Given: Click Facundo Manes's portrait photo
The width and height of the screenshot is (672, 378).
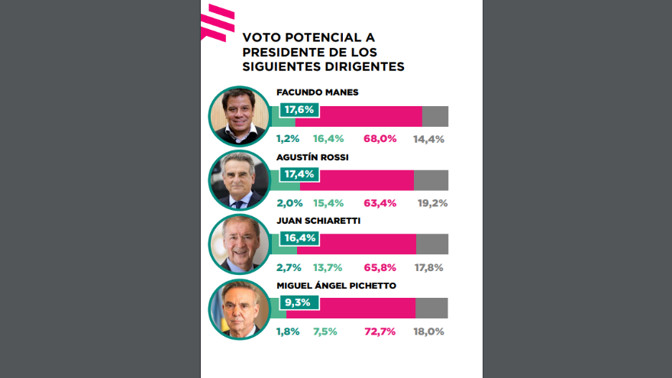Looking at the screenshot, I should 239,115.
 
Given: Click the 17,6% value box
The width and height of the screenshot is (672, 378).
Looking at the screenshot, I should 299,110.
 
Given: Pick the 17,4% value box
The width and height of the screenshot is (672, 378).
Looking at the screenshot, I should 299,174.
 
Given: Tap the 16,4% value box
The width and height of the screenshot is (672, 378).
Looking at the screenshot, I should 299,238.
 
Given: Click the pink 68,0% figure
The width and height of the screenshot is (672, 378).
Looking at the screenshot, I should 380,139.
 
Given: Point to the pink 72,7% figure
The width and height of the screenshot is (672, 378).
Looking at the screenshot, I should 380,331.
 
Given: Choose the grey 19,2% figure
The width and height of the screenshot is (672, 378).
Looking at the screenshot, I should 432,203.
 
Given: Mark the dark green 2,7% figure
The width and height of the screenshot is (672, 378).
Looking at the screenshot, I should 289,267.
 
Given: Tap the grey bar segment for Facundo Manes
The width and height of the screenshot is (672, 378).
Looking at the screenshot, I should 435,116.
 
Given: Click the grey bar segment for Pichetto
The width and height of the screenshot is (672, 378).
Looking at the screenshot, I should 431,308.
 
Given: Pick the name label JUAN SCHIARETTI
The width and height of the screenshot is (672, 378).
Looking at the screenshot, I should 319,221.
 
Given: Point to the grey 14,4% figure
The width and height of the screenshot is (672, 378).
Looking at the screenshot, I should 428,139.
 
